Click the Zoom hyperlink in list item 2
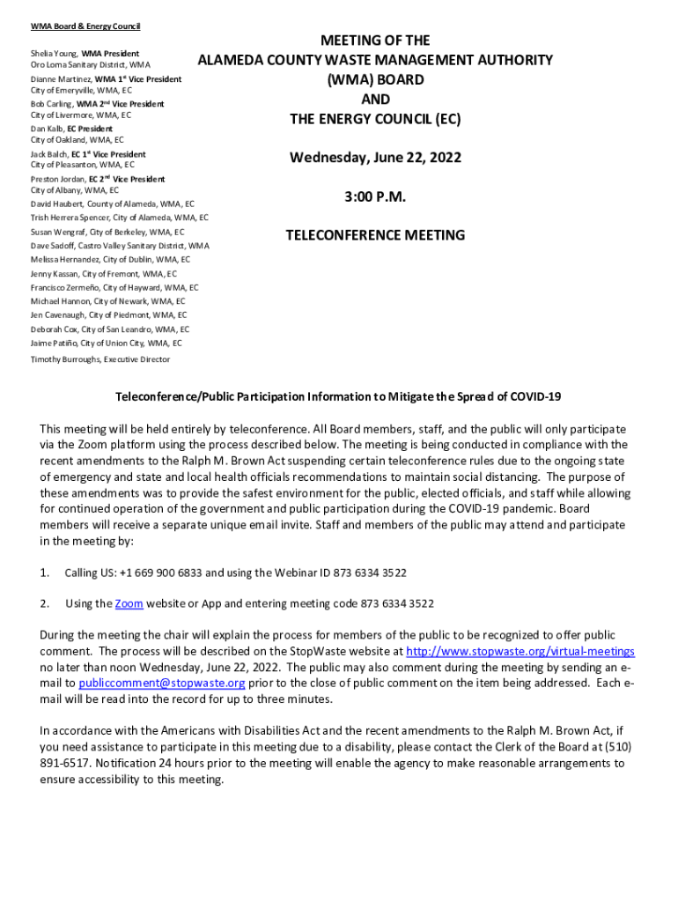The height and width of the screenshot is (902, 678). point(129,603)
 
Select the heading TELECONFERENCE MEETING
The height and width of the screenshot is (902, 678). point(375,235)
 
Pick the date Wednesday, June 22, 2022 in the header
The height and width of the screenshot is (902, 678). point(375,159)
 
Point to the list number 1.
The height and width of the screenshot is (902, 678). point(44,573)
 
